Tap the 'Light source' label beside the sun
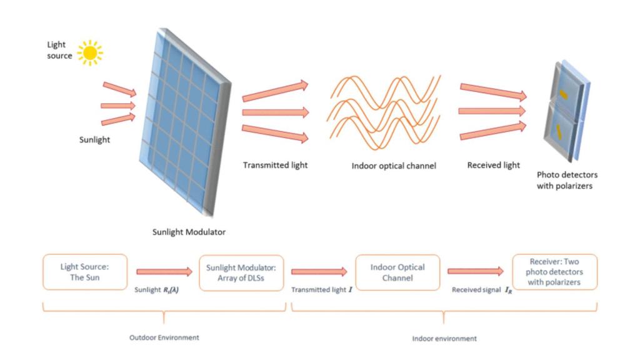pos(60,51)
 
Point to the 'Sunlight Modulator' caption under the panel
pos(189,232)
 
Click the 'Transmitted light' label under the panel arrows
pos(275,165)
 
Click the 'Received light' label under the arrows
pos(493,166)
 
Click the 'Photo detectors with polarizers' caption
pos(567,181)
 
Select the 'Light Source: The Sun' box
pos(85,272)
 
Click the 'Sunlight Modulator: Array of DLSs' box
pos(241,272)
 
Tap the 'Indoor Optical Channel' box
pos(398,272)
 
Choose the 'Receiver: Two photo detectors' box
pos(554,272)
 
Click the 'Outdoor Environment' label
pos(164,338)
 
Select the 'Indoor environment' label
pos(444,338)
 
